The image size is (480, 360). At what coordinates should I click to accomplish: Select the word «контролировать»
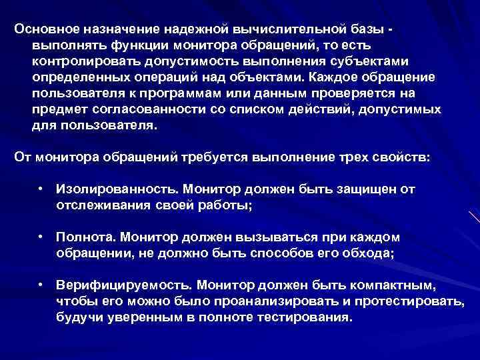coord(74,61)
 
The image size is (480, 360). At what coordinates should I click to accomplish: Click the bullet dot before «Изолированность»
coord(41,190)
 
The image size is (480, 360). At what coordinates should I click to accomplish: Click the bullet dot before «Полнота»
coord(41,238)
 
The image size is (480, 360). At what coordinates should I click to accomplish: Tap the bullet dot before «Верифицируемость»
coord(41,286)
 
